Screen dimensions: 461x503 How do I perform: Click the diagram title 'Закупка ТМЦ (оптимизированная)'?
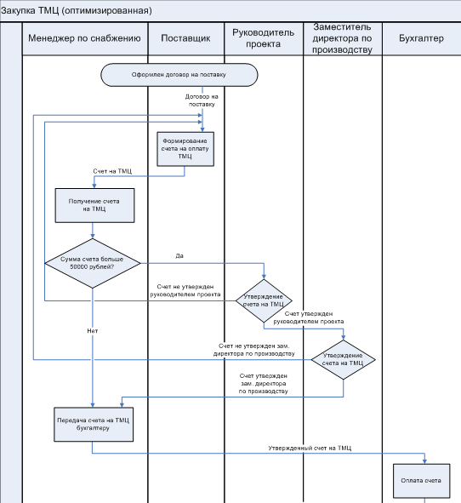pyautogui.click(x=77, y=10)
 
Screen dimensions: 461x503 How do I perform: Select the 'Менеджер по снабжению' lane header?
pyautogui.click(x=85, y=38)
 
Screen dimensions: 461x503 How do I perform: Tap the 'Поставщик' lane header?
pyautogui.click(x=185, y=38)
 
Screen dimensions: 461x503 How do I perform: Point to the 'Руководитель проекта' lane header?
pyautogui.click(x=263, y=38)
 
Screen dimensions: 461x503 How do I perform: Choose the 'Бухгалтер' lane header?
pyautogui.click(x=421, y=38)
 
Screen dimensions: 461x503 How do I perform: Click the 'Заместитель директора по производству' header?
pyautogui.click(x=343, y=38)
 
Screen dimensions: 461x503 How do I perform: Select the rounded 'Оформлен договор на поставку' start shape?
pyautogui.click(x=179, y=75)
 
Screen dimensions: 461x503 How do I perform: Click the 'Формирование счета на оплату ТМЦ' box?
pyautogui.click(x=185, y=149)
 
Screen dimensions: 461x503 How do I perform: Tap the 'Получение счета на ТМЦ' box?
pyautogui.click(x=94, y=205)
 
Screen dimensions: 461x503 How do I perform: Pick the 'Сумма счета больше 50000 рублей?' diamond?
pyautogui.click(x=93, y=263)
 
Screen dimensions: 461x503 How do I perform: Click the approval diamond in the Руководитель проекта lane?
pyautogui.click(x=264, y=300)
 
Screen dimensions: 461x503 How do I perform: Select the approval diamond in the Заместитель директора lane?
pyautogui.click(x=343, y=360)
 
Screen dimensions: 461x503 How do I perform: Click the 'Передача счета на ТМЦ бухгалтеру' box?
pyautogui.click(x=94, y=425)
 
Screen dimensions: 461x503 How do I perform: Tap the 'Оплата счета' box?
pyautogui.click(x=422, y=481)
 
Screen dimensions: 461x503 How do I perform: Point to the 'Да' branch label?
pyautogui.click(x=179, y=255)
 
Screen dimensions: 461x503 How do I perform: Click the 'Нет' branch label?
pyautogui.click(x=93, y=331)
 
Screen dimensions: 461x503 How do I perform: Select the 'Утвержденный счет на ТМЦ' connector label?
pyautogui.click(x=310, y=448)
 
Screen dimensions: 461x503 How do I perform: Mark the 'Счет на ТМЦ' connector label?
pyautogui.click(x=112, y=171)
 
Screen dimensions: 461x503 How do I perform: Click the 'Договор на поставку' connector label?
pyautogui.click(x=202, y=100)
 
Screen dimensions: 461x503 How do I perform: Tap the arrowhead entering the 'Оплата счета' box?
pyautogui.click(x=424, y=461)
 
